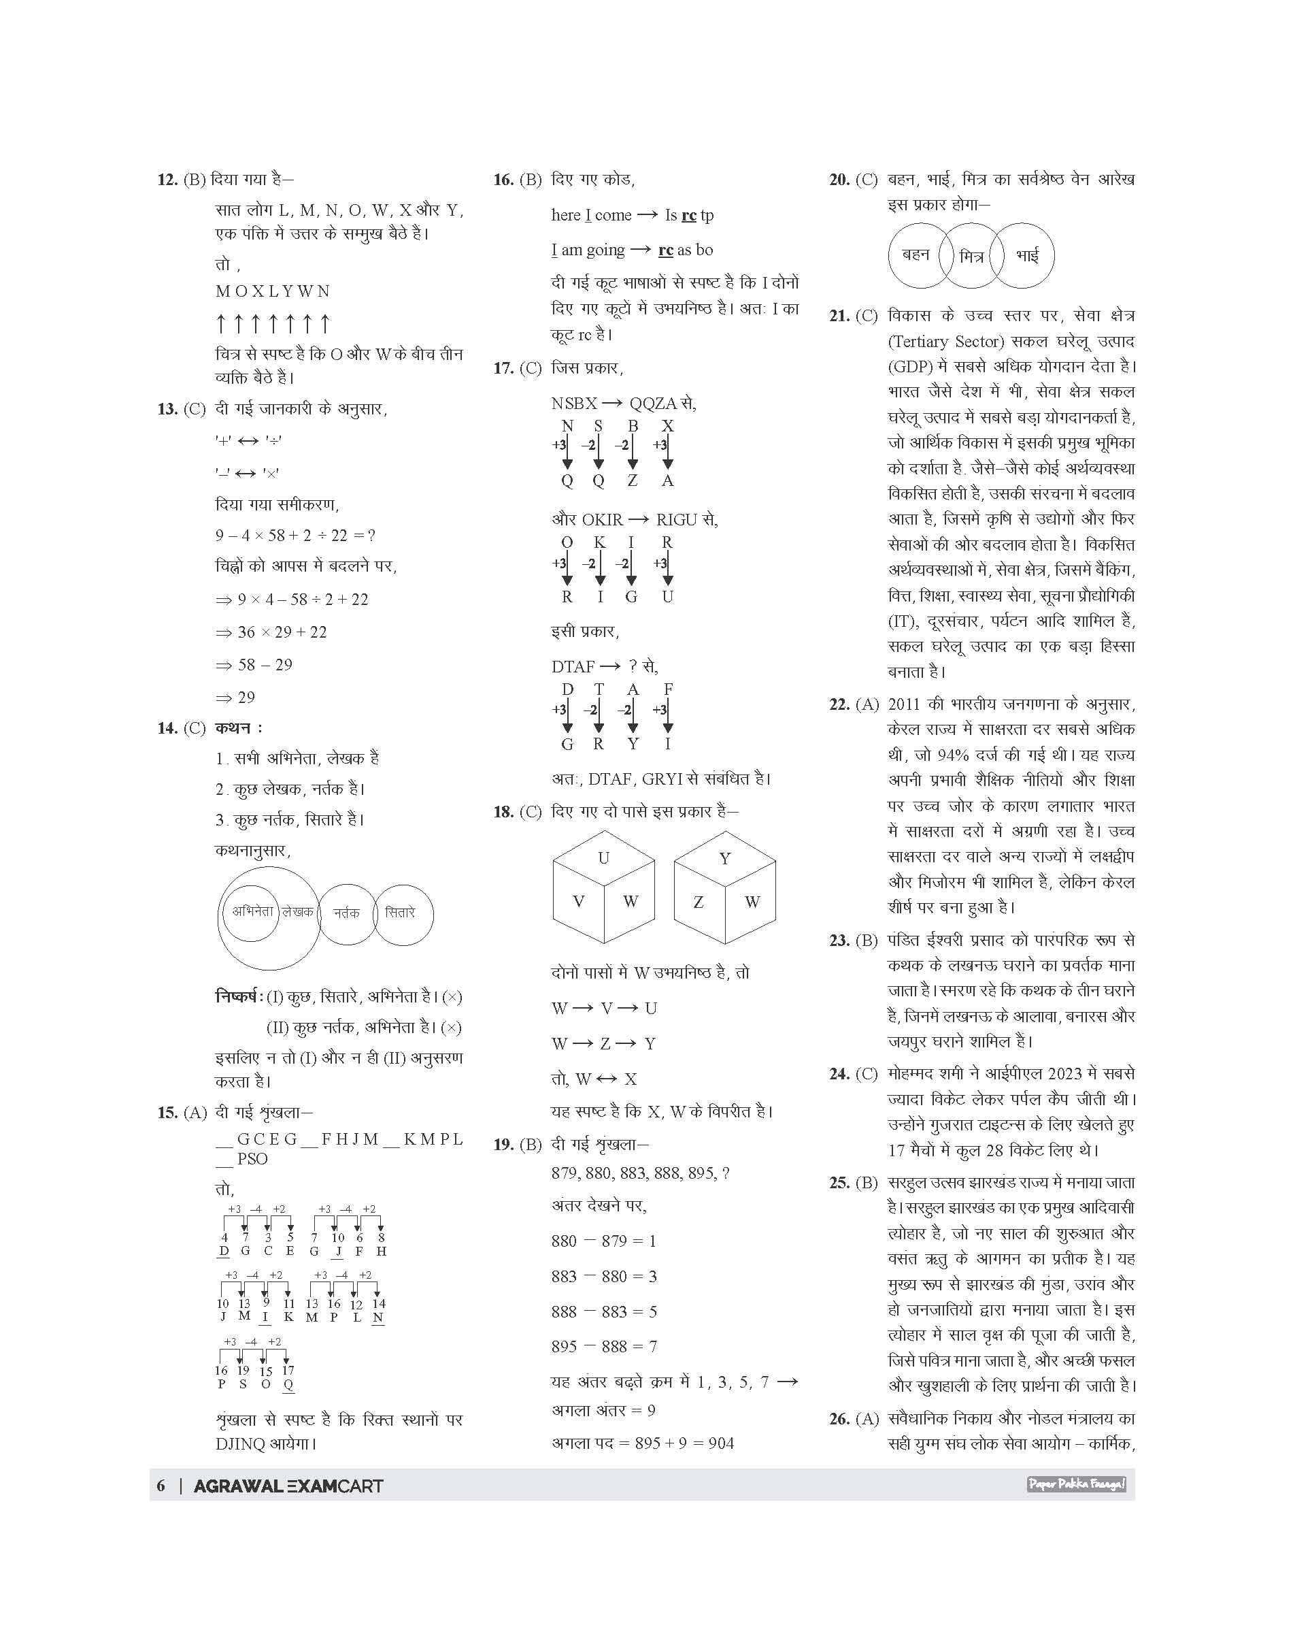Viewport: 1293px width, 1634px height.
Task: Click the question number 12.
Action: pos(167,180)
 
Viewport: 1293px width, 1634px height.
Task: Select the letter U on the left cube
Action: pos(603,858)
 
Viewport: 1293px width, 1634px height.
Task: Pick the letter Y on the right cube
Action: pos(724,858)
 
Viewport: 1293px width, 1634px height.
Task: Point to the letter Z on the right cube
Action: pos(698,902)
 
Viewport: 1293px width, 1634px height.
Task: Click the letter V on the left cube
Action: pos(578,902)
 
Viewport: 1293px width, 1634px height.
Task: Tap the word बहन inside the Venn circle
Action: pos(916,255)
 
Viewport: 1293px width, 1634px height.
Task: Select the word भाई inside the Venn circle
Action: pos(1027,256)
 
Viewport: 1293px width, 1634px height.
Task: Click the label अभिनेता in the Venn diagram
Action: pos(252,911)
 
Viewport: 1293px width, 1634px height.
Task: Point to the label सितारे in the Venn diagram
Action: pos(400,913)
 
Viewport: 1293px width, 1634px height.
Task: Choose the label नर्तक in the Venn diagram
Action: pos(347,913)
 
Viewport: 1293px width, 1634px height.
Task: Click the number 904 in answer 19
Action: pos(721,1443)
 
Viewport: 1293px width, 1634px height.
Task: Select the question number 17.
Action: pos(503,369)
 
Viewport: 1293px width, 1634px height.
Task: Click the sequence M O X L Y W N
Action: pos(273,292)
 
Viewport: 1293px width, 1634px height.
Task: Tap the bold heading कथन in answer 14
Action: pos(235,728)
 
